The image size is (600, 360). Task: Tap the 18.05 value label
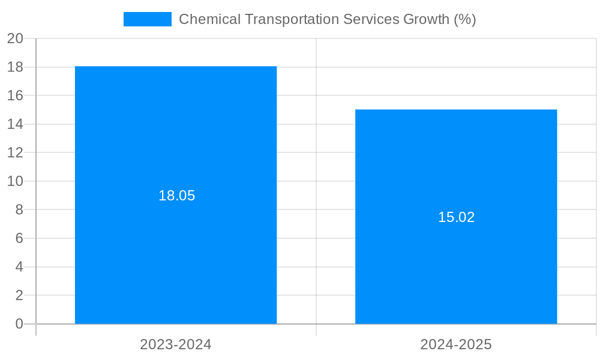(x=176, y=196)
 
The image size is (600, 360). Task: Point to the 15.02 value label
(x=456, y=217)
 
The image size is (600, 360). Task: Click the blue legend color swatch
(x=147, y=19)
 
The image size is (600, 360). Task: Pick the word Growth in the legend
(x=426, y=19)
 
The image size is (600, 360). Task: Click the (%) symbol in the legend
(x=465, y=19)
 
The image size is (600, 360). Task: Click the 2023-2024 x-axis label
(x=176, y=344)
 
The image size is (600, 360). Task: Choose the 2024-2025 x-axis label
(x=456, y=344)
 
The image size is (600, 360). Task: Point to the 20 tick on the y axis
(x=15, y=38)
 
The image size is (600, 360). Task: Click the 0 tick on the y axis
(x=19, y=324)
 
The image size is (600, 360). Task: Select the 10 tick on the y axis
(x=15, y=181)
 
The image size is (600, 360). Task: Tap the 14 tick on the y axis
(x=15, y=124)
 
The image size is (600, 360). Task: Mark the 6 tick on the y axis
(x=19, y=238)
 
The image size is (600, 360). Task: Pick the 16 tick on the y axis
(x=15, y=95)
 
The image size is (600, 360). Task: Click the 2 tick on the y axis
(x=19, y=295)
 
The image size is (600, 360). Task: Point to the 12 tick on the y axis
(x=15, y=152)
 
